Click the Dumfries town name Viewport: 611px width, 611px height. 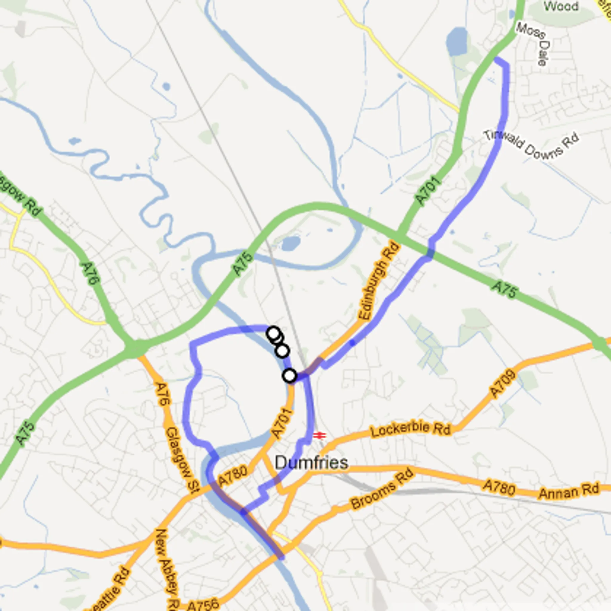(311, 463)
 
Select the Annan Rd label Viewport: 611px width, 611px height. (569, 491)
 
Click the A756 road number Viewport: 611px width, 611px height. (203, 604)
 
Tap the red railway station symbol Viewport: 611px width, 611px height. (320, 436)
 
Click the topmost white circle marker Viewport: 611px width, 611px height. (274, 333)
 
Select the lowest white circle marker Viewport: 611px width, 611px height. (290, 376)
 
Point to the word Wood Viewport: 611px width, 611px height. (561, 6)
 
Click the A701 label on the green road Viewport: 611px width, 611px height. (428, 191)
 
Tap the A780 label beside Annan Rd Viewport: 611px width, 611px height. (499, 488)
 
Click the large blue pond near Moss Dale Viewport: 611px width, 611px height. (456, 41)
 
